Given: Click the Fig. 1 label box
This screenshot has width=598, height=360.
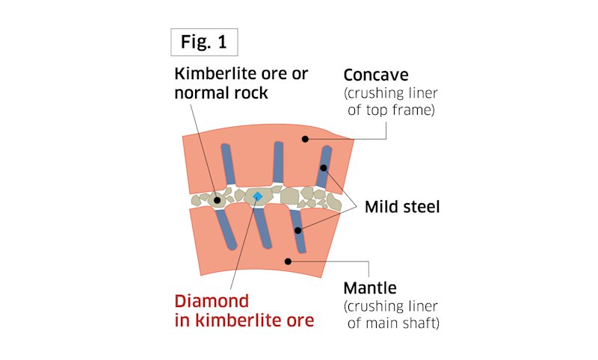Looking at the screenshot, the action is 203,43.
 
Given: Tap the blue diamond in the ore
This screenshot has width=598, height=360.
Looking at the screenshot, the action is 257,196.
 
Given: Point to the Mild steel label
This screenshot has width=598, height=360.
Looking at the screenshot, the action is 402,207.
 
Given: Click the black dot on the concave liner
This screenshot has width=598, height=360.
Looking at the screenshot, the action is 305,138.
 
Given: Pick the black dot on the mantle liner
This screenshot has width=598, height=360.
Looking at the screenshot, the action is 288,261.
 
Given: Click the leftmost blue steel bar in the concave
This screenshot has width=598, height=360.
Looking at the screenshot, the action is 227,165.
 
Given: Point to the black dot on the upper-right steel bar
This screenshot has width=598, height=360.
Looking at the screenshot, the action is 323,168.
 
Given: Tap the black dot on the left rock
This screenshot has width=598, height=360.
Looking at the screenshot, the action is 218,200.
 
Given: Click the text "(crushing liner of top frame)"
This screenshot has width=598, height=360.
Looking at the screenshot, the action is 389,104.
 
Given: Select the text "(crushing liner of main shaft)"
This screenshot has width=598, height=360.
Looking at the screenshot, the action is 389,315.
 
